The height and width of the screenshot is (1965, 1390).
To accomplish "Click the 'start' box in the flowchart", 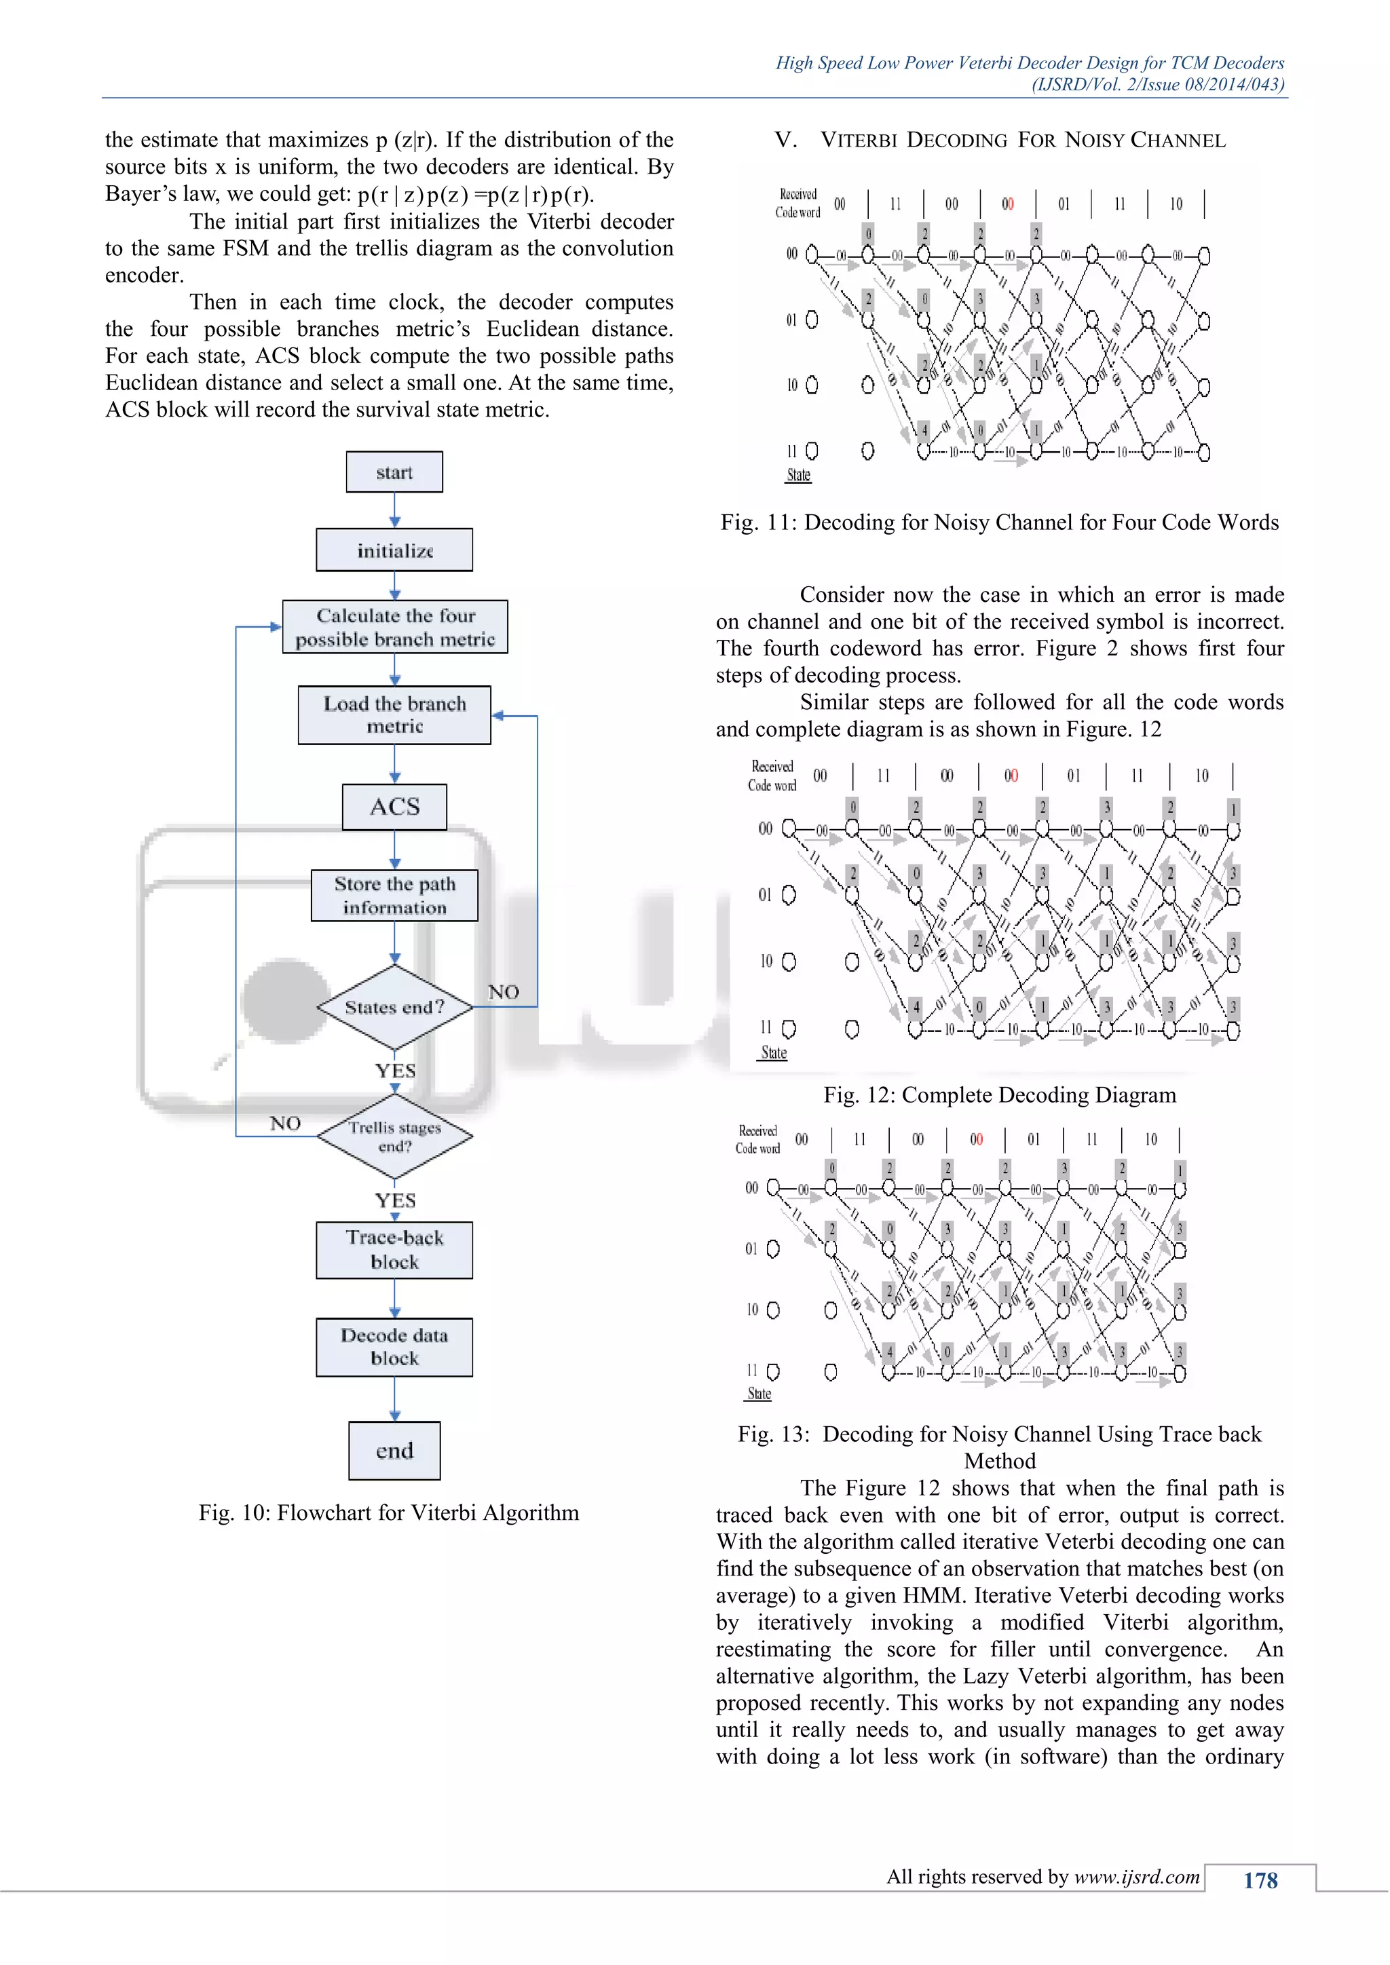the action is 394,472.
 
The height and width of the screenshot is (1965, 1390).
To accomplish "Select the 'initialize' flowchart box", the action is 394,550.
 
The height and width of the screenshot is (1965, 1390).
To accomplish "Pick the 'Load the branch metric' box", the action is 394,715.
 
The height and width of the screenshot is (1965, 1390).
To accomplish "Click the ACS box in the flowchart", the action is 394,807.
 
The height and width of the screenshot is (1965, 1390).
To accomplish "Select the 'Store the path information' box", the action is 394,895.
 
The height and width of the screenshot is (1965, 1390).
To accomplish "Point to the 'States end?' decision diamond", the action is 394,1008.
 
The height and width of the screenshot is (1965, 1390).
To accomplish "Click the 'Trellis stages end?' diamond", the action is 394,1137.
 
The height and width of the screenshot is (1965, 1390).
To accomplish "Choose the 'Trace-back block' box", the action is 394,1250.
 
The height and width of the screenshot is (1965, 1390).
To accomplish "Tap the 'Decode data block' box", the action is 394,1347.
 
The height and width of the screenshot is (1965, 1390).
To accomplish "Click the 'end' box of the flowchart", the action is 394,1451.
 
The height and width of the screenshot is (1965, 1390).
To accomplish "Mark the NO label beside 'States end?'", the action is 504,992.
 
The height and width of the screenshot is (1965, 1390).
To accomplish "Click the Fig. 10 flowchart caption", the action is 389,1513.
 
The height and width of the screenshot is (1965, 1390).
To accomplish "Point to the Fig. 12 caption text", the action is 1000,1095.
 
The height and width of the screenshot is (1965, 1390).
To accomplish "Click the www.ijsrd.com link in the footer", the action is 1137,1877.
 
